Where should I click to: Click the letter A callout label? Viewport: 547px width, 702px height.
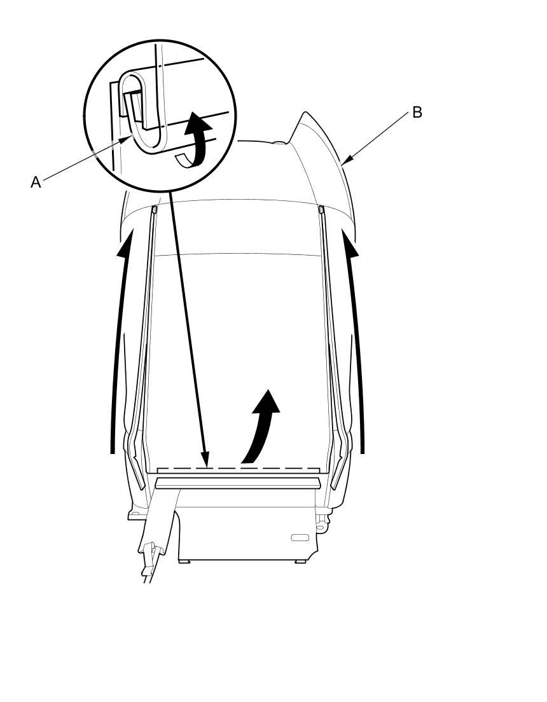[x=36, y=182]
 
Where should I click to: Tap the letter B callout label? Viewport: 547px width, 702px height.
[x=417, y=113]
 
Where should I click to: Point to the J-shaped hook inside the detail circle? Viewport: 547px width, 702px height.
[x=144, y=114]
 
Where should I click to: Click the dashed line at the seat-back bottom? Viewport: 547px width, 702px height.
[x=239, y=469]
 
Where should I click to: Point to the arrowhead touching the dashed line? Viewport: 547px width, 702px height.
[x=204, y=460]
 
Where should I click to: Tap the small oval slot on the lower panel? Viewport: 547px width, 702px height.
[x=300, y=537]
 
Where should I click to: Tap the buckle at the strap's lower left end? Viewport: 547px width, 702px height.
[x=150, y=553]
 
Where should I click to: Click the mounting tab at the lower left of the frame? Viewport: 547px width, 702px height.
[x=134, y=514]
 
